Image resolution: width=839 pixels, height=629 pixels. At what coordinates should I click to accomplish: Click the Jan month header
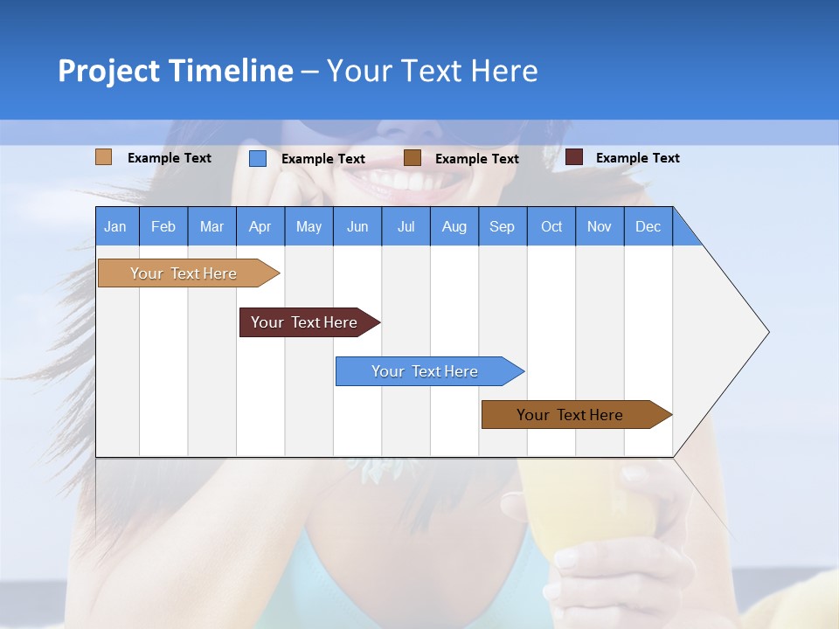pyautogui.click(x=115, y=226)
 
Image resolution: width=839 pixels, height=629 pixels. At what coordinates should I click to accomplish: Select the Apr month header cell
pyautogui.click(x=260, y=226)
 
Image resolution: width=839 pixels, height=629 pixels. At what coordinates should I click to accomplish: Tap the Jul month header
pyautogui.click(x=406, y=226)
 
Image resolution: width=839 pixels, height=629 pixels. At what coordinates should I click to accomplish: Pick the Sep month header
pyautogui.click(x=502, y=226)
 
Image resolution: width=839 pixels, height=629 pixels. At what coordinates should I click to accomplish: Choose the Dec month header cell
pyautogui.click(x=648, y=226)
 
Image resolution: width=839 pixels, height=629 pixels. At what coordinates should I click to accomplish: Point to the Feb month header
pyautogui.click(x=163, y=226)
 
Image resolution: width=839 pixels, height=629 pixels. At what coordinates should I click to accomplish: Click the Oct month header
pyautogui.click(x=551, y=226)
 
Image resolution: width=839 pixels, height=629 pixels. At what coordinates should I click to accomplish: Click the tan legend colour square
pyautogui.click(x=103, y=157)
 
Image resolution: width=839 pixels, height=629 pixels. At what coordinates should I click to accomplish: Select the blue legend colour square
pyautogui.click(x=258, y=158)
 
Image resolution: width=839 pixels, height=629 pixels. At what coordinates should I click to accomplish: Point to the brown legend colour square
pyautogui.click(x=413, y=158)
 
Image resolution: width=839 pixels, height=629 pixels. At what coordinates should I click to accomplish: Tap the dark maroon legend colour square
pyautogui.click(x=574, y=157)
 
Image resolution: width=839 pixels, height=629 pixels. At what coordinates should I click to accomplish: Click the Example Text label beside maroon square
pyautogui.click(x=637, y=158)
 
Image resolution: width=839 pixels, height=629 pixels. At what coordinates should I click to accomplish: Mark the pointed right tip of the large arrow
pyautogui.click(x=767, y=332)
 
